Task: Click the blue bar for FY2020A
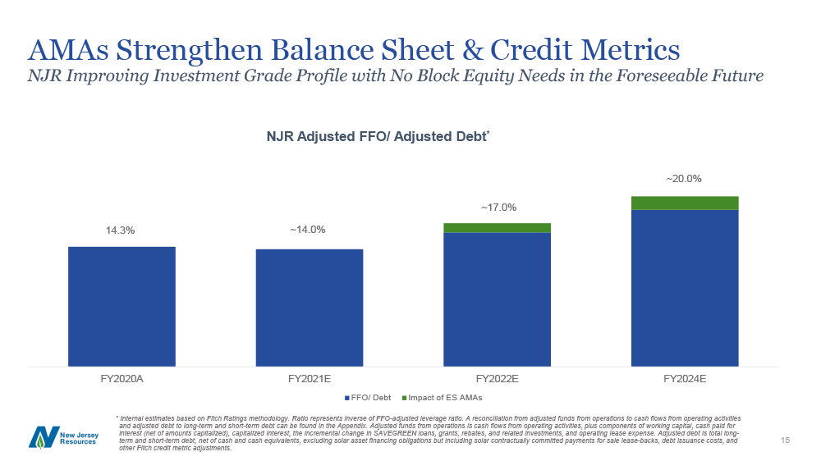(122, 307)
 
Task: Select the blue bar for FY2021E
(310, 308)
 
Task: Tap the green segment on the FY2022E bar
(497, 228)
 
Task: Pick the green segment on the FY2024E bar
(685, 203)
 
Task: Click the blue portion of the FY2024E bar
(685, 288)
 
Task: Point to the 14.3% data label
(121, 230)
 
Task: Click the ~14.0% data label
(308, 230)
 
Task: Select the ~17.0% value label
(499, 208)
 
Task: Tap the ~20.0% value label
(684, 179)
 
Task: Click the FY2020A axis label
(122, 379)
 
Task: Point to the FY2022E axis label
(497, 379)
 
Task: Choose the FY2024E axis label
(685, 379)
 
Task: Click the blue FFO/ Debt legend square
(346, 398)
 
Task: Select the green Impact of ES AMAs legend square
(404, 398)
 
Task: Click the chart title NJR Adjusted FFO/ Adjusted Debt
(378, 136)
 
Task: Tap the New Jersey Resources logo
(63, 437)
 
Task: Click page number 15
(785, 440)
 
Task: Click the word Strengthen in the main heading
(189, 51)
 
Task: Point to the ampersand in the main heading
(472, 50)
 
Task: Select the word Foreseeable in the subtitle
(660, 75)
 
